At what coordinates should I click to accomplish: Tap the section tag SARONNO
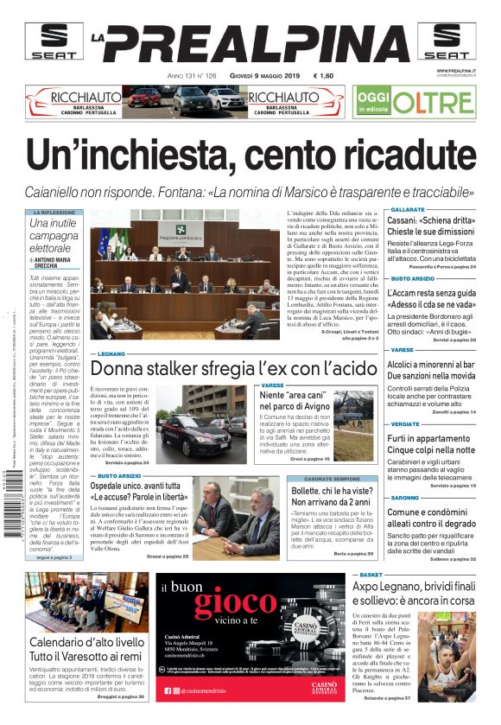404,499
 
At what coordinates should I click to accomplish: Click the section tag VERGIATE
404,425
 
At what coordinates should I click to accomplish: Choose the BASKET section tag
371,574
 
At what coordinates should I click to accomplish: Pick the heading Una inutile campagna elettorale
54,235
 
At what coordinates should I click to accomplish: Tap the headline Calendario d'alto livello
86,643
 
